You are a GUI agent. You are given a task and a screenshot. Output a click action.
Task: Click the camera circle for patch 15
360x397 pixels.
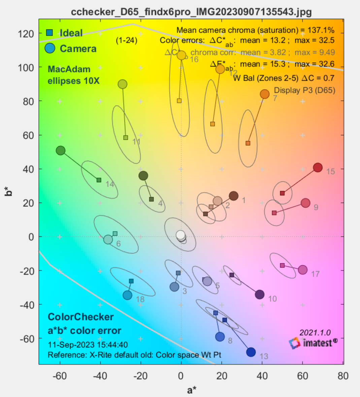(318, 167)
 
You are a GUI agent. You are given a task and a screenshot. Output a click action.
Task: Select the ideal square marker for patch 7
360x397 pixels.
(248, 143)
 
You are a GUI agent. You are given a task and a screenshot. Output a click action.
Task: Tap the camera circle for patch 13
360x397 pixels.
(251, 352)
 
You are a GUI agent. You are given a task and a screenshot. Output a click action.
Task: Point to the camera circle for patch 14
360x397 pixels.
(60, 151)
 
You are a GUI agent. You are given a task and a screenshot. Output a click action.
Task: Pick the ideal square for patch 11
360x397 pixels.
(126, 137)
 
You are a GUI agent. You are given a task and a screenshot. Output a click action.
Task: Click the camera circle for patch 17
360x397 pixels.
(303, 270)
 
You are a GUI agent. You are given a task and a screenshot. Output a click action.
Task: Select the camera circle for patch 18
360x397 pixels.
(127, 295)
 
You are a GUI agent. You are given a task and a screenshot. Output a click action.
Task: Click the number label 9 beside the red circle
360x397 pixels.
(316, 207)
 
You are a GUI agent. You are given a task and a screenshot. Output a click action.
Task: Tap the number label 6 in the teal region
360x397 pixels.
(118, 244)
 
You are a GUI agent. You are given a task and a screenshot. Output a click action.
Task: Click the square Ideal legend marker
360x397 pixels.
(50, 33)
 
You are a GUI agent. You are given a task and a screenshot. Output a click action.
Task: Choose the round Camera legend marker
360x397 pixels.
(50, 48)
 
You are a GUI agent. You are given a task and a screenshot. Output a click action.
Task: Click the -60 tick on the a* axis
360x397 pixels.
(60, 375)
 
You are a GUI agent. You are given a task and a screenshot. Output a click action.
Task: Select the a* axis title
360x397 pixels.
(191, 390)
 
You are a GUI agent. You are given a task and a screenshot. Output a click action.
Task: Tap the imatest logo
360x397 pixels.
(313, 342)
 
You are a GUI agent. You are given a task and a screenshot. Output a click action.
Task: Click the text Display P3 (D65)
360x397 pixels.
(304, 90)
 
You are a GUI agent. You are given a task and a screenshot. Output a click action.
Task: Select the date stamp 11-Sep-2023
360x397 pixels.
(88, 345)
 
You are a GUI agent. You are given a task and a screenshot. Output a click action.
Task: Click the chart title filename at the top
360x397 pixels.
(191, 12)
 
